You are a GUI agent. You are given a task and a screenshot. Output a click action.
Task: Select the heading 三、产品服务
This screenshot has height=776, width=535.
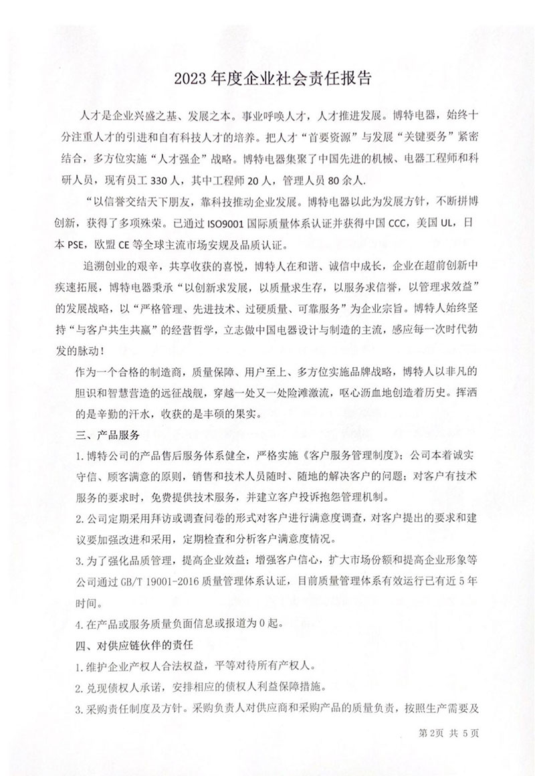(x=107, y=435)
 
